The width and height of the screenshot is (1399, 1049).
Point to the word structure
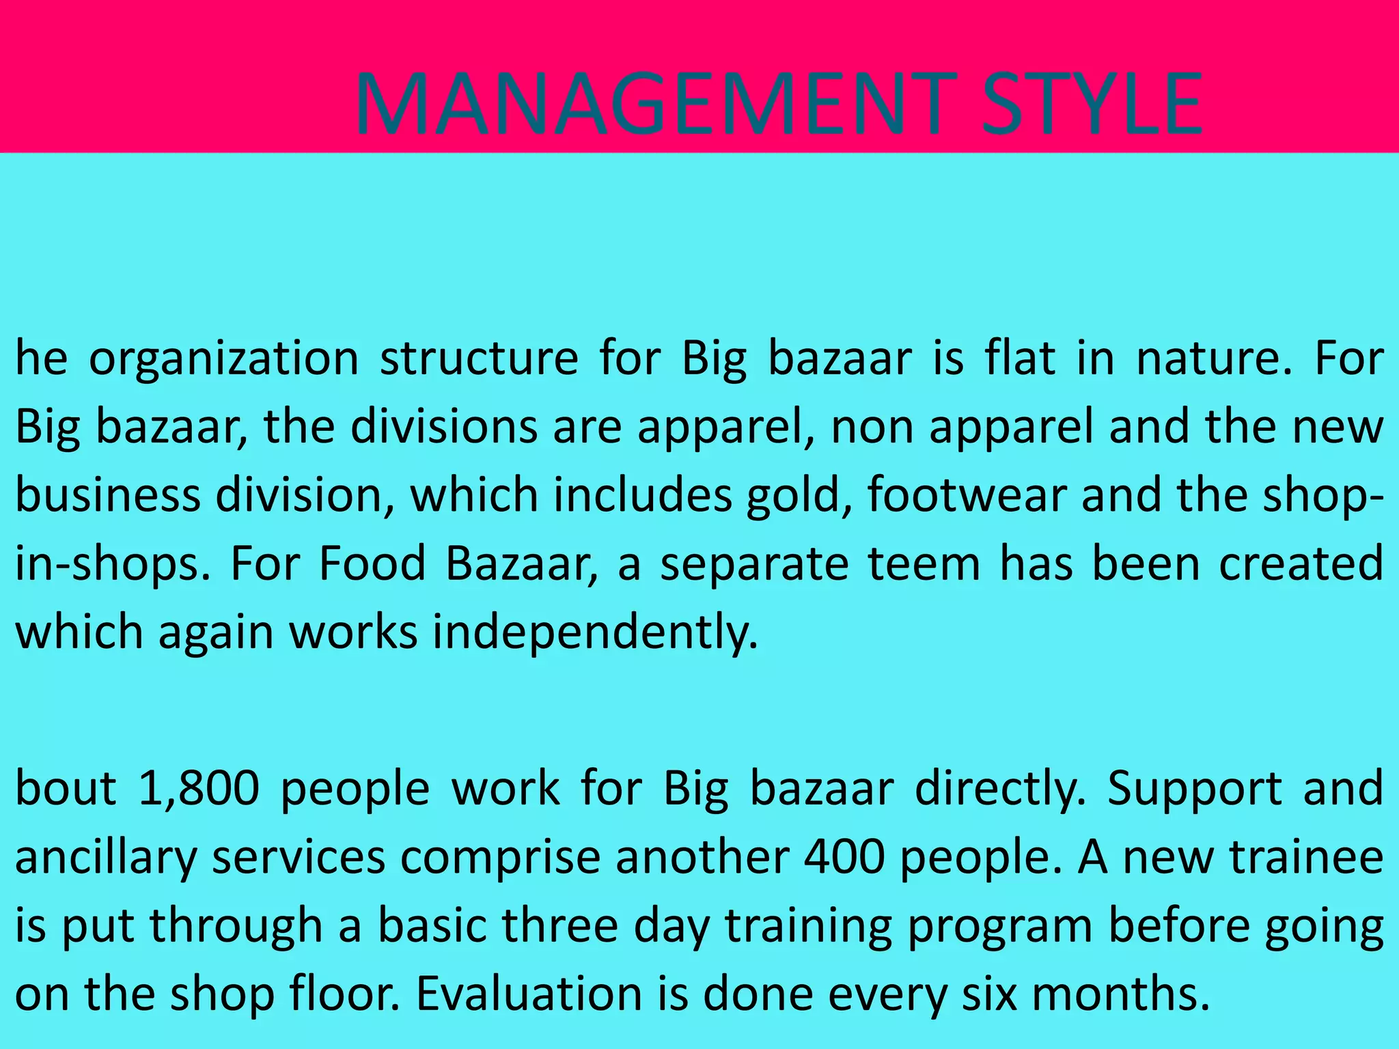479,359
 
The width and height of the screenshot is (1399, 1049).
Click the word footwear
967,494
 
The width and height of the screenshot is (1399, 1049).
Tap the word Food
373,564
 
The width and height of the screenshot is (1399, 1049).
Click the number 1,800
198,788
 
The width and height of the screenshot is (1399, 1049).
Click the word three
560,925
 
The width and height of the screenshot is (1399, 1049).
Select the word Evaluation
529,993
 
